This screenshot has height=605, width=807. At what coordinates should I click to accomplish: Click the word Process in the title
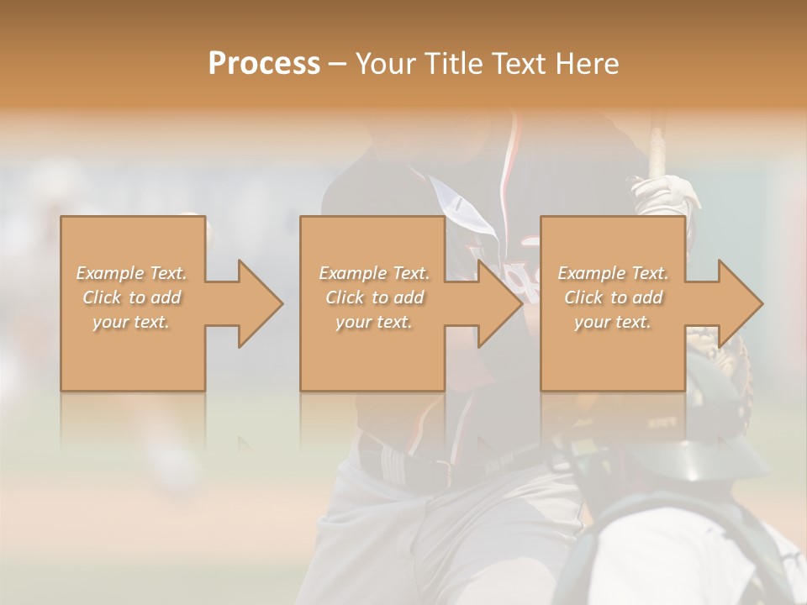click(264, 64)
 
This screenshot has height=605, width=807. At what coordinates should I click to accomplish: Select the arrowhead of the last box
click(740, 303)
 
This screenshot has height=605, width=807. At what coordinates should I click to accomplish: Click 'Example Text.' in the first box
click(131, 273)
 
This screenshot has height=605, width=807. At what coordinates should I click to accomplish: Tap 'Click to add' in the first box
click(131, 297)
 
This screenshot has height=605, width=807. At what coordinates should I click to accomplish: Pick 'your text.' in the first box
click(131, 322)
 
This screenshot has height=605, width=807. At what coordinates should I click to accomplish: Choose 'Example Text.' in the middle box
click(373, 273)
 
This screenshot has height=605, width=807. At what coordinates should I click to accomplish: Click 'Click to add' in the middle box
click(373, 297)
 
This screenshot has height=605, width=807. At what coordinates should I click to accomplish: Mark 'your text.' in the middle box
click(373, 322)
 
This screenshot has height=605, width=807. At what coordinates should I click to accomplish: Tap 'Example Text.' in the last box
click(613, 273)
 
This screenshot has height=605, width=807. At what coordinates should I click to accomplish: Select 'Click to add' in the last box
click(613, 297)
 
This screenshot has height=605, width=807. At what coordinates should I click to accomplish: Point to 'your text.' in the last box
click(613, 322)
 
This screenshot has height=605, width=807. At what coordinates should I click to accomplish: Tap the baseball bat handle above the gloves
click(657, 143)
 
